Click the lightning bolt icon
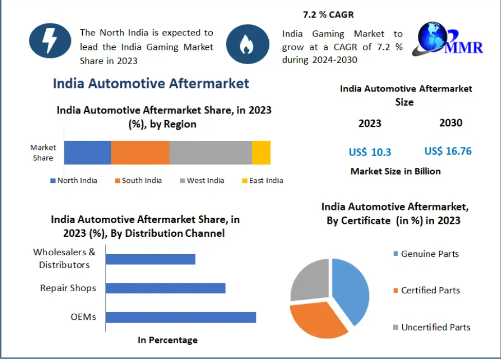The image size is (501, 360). pos(50,40)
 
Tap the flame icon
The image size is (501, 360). pos(247,44)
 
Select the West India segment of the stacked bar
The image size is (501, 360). pos(211,153)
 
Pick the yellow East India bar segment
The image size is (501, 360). pos(261,153)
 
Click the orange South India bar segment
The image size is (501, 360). pos(140,153)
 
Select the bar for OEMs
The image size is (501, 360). pos(181,317)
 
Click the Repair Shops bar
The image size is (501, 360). pos(165,288)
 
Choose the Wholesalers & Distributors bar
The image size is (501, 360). pos(151,259)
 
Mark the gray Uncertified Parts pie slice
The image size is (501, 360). pos(309,279)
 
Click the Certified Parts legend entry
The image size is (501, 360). pos(426,290)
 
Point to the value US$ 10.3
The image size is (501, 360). pos(370,152)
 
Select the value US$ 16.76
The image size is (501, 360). pos(448,151)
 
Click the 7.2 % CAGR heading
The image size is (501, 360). pos(328,15)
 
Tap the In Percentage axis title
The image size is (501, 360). pos(168,340)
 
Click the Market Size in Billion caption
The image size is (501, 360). pos(396,171)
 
